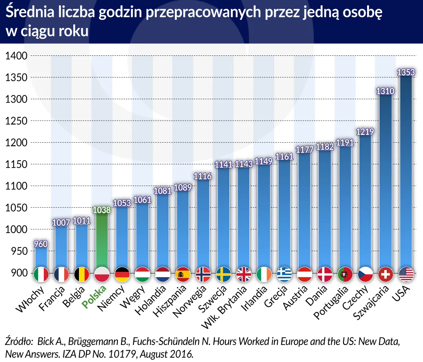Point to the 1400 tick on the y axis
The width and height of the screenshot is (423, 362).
point(16,56)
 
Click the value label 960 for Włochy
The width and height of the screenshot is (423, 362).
point(41,244)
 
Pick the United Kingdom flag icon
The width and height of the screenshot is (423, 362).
point(244,274)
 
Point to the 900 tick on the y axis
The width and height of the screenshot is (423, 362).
point(19,273)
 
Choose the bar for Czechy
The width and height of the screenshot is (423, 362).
point(365,200)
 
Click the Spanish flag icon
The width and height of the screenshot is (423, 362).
point(183,274)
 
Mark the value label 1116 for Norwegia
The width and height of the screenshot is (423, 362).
point(203,176)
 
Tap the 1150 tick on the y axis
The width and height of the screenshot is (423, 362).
point(16,164)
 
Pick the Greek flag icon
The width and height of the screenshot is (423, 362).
point(284,274)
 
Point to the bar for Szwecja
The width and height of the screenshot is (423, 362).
point(223,219)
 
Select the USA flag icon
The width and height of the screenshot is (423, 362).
point(406,274)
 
